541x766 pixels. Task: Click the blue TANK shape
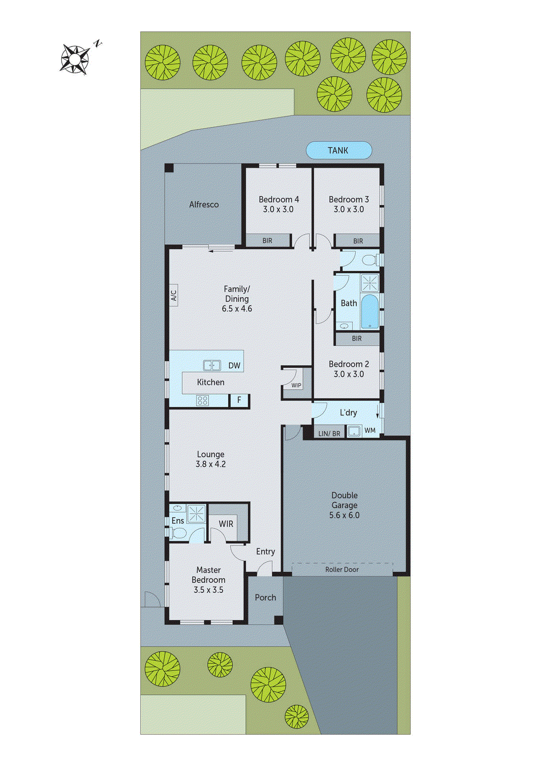pyautogui.click(x=339, y=150)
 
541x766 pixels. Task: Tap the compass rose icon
pyautogui.click(x=75, y=59)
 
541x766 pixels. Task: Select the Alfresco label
pyautogui.click(x=204, y=204)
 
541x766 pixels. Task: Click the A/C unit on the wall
pyautogui.click(x=174, y=295)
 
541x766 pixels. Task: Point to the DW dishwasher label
pyautogui.click(x=234, y=366)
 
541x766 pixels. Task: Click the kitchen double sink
pyautogui.click(x=212, y=365)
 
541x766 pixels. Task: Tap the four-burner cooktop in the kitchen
pyautogui.click(x=202, y=401)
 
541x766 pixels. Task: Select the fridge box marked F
pyautogui.click(x=239, y=400)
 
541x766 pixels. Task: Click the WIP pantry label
pyautogui.click(x=296, y=385)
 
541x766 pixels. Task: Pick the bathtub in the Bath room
pyautogui.click(x=369, y=312)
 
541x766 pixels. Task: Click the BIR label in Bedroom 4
pyautogui.click(x=267, y=241)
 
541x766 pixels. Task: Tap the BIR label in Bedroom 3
pyautogui.click(x=358, y=241)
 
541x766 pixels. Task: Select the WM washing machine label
pyautogui.click(x=370, y=431)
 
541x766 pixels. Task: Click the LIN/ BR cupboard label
pyautogui.click(x=329, y=434)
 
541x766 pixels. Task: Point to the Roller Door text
pyautogui.click(x=342, y=569)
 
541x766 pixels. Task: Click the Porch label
pyautogui.click(x=265, y=597)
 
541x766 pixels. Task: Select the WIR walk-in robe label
pyautogui.click(x=226, y=524)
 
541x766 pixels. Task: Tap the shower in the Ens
pyautogui.click(x=196, y=513)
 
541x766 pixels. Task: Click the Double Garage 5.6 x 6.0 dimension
pyautogui.click(x=344, y=515)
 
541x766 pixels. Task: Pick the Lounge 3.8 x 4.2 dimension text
pyautogui.click(x=210, y=464)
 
